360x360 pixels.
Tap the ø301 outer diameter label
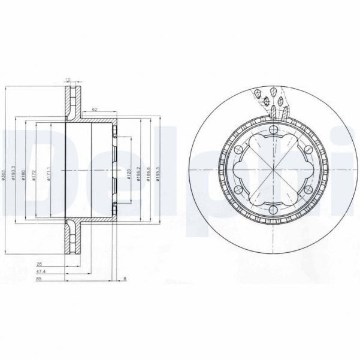click(4, 174)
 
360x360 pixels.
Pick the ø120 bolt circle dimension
click(128, 174)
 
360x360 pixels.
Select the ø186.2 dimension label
click(139, 174)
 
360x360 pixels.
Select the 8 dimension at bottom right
click(124, 279)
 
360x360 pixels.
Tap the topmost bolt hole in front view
click(273, 131)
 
